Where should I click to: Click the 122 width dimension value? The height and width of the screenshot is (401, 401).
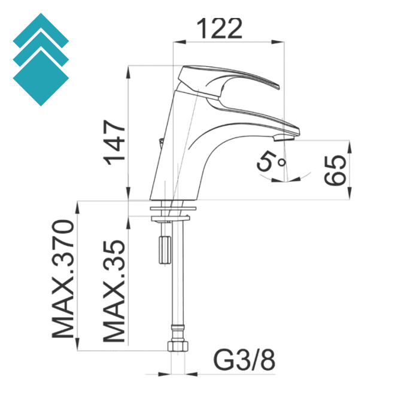click(x=219, y=28)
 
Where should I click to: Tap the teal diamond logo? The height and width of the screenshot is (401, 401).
click(x=41, y=60)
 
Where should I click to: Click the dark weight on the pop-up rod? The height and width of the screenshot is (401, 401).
click(x=163, y=248)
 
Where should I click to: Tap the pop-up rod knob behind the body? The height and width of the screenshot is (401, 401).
click(x=160, y=142)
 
